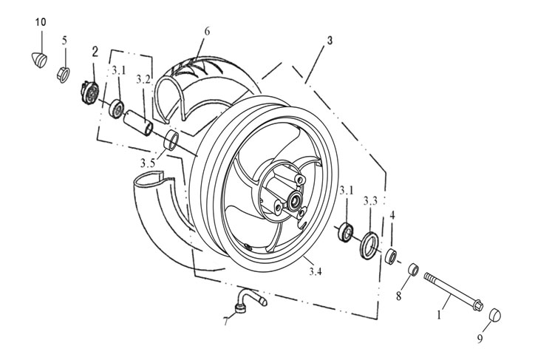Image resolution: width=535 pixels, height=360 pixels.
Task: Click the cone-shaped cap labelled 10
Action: coord(40,60)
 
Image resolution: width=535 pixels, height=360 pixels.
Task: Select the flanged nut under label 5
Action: coord(63,75)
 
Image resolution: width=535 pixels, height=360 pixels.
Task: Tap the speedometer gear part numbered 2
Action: coord(90,92)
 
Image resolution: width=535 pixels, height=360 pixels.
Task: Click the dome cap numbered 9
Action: coord(494,315)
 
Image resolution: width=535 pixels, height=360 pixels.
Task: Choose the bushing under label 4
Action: coord(391,257)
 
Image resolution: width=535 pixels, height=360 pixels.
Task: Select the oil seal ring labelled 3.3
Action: coord(369,245)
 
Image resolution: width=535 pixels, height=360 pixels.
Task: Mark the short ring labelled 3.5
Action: coord(171,140)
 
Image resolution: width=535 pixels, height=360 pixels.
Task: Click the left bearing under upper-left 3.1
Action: coord(116,109)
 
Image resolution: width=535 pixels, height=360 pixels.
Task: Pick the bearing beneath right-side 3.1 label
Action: coord(345,232)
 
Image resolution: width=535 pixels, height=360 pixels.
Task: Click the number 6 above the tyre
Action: coord(207,31)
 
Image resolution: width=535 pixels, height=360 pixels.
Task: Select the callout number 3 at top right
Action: coord(330,40)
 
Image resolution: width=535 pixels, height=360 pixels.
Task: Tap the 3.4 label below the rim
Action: coord(316,271)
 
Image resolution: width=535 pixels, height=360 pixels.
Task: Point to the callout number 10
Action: coord(40,22)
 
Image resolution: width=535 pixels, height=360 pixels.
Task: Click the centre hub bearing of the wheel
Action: coord(294,202)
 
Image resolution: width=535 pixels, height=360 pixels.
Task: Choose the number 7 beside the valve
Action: coord(225,321)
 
